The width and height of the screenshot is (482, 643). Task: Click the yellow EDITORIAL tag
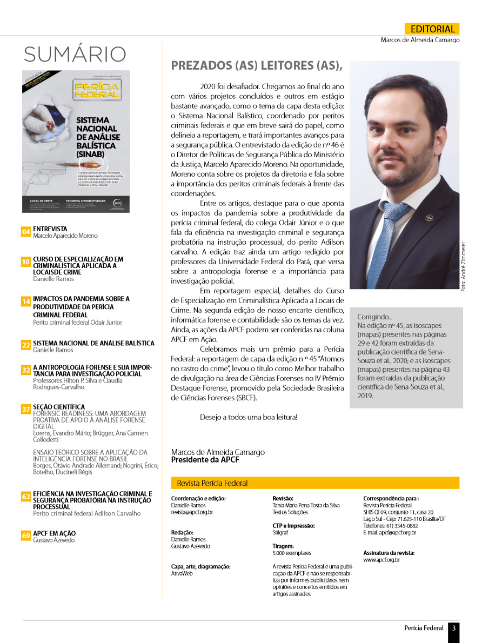[x=432, y=29]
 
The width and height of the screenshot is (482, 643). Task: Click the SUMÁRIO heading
[x=75, y=54]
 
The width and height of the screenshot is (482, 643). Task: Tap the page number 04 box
[x=26, y=232]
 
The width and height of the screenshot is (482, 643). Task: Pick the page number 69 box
[x=26, y=535]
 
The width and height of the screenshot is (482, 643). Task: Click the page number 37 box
[x=26, y=409]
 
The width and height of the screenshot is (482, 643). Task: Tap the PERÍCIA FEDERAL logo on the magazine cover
[x=97, y=90]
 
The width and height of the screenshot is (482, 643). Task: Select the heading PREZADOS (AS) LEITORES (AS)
[x=257, y=66]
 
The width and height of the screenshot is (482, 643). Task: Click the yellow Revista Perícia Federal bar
[x=315, y=483]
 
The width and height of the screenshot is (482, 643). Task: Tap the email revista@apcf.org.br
[x=192, y=512]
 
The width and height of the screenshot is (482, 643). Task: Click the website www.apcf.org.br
[x=381, y=560]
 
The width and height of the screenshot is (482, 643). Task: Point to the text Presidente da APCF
[x=205, y=460]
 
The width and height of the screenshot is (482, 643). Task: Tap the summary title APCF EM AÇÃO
[x=55, y=533]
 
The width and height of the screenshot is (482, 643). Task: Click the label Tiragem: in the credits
[x=284, y=546]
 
